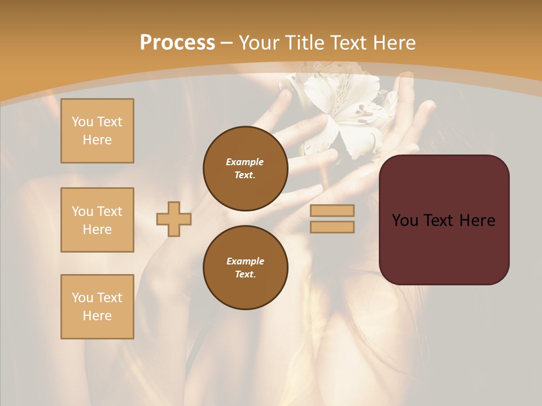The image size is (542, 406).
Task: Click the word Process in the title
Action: (x=177, y=43)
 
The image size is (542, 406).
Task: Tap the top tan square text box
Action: (x=97, y=131)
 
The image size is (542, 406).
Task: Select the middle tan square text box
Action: (x=97, y=220)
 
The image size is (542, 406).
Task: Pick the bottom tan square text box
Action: (x=97, y=307)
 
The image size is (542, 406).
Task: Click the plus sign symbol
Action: (x=174, y=219)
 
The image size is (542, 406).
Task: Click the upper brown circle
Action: (x=245, y=168)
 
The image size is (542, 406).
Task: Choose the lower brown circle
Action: (x=245, y=267)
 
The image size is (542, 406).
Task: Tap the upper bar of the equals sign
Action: (x=332, y=210)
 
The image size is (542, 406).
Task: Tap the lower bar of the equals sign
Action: (x=332, y=227)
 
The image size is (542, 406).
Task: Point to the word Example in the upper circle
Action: (x=244, y=162)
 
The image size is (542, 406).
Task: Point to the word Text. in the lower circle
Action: (x=245, y=274)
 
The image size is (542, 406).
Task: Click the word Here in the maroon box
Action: (x=477, y=220)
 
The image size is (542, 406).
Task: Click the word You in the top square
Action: (x=82, y=122)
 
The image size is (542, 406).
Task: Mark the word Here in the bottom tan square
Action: (x=97, y=316)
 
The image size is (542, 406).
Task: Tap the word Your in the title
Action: (x=257, y=43)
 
